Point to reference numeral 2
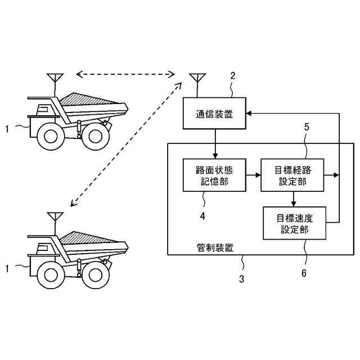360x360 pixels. (x=233, y=76)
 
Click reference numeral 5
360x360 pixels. (x=306, y=128)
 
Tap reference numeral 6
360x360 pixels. (x=304, y=273)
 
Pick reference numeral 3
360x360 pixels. (x=242, y=279)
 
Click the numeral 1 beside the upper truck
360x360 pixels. (x=7, y=128)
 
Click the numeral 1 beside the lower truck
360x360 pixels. (x=7, y=268)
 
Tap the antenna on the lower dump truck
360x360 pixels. (x=54, y=218)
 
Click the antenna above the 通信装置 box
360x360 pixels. (x=197, y=82)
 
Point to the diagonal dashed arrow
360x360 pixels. (x=124, y=144)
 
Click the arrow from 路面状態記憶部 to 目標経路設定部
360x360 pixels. (x=253, y=175)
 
